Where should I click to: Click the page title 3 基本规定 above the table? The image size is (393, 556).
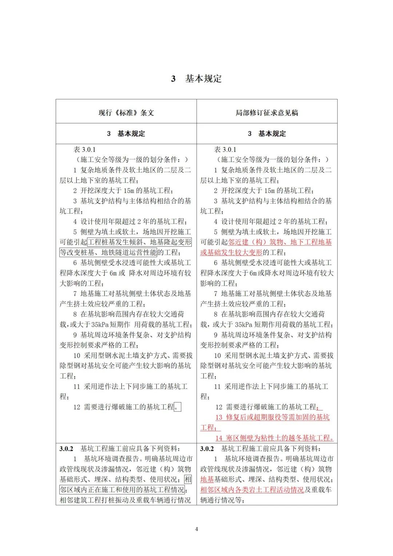tap(196, 79)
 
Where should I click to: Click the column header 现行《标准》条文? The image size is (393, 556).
tap(126, 113)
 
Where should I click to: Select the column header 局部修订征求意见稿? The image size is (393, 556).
tap(267, 113)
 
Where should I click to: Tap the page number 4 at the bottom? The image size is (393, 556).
tap(196, 529)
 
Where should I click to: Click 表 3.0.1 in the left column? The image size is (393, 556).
tap(84, 150)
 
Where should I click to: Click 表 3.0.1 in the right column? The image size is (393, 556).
tap(225, 150)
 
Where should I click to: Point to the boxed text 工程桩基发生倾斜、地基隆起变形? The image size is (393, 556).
tap(139, 242)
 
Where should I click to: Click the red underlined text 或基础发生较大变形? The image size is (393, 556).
tap(231, 252)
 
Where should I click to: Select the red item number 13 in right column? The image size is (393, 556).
tap(219, 417)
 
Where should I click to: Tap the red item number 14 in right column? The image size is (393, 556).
tap(219, 438)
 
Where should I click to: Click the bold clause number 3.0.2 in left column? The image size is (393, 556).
tap(66, 449)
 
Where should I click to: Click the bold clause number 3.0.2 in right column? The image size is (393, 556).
tap(207, 449)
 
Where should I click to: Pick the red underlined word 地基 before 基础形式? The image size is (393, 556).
tap(207, 480)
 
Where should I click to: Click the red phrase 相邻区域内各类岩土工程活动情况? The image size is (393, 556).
tap(252, 490)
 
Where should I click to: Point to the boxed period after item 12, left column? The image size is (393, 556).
tap(178, 407)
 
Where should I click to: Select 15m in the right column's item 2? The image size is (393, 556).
tap(270, 191)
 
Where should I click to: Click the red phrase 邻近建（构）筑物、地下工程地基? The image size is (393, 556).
tap(280, 242)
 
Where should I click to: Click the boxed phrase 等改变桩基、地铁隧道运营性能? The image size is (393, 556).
tap(108, 252)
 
